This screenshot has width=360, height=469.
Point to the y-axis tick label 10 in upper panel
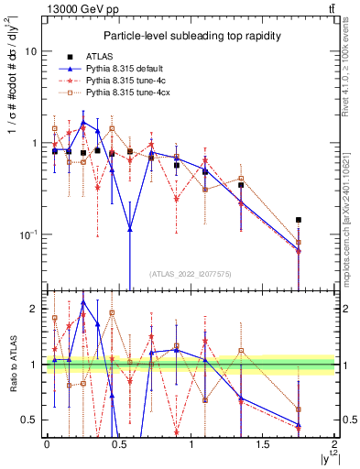30,52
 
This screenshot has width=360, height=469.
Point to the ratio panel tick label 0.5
30,420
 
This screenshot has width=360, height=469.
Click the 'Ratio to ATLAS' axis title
11,365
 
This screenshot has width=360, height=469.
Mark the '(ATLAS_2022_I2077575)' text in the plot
191,274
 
